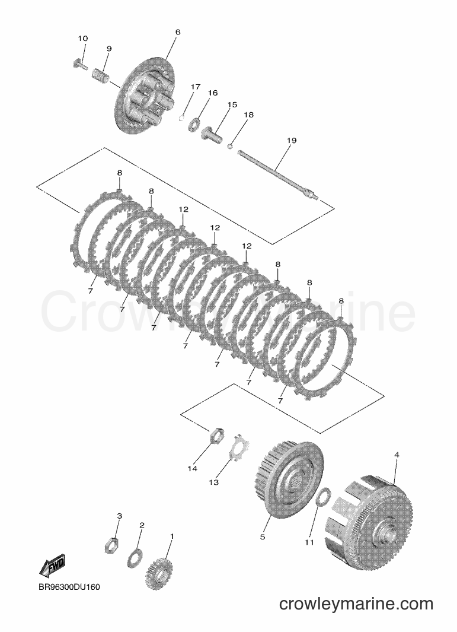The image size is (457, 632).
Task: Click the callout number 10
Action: pyautogui.click(x=82, y=39)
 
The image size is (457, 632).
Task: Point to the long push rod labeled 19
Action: pyautogui.click(x=278, y=174)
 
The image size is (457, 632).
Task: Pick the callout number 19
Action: pyautogui.click(x=292, y=141)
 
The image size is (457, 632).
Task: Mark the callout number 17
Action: pyautogui.click(x=195, y=87)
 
